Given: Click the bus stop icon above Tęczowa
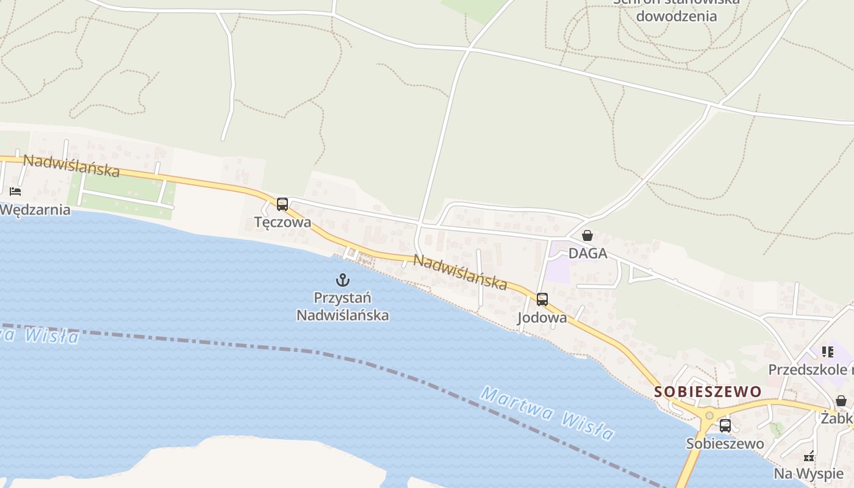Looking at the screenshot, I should tap(282, 204).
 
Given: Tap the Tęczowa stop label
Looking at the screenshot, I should tap(282, 222).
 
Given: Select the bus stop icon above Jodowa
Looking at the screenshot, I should tap(542, 300).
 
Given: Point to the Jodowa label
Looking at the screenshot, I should tap(542, 318).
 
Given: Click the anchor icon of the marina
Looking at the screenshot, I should tap(343, 280).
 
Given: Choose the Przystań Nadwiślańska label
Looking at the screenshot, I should tap(343, 306).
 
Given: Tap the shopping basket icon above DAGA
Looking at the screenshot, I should tap(587, 235).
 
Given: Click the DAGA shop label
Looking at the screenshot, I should tap(587, 253).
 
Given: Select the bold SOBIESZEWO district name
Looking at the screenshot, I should tap(708, 392).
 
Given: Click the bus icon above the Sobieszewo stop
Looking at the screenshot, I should tap(725, 426).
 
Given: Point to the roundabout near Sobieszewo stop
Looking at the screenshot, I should tap(708, 417).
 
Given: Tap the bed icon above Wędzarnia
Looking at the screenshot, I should tap(15, 192).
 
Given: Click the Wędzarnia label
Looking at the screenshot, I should tap(35, 210).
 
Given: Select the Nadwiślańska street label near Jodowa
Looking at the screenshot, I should tap(461, 271).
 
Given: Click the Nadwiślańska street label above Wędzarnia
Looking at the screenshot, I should tap(71, 165).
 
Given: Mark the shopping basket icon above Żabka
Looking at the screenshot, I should tap(841, 401).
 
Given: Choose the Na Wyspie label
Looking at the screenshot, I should tap(808, 473).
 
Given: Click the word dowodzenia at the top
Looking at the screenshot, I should tap(676, 16).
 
